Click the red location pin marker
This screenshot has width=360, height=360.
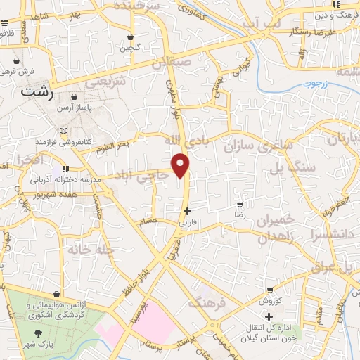181,165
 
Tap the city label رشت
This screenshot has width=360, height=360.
37,91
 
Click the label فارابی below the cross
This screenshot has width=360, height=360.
187,221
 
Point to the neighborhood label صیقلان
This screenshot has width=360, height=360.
186,62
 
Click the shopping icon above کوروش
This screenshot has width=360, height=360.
270,290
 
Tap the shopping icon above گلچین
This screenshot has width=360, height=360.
131,37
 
